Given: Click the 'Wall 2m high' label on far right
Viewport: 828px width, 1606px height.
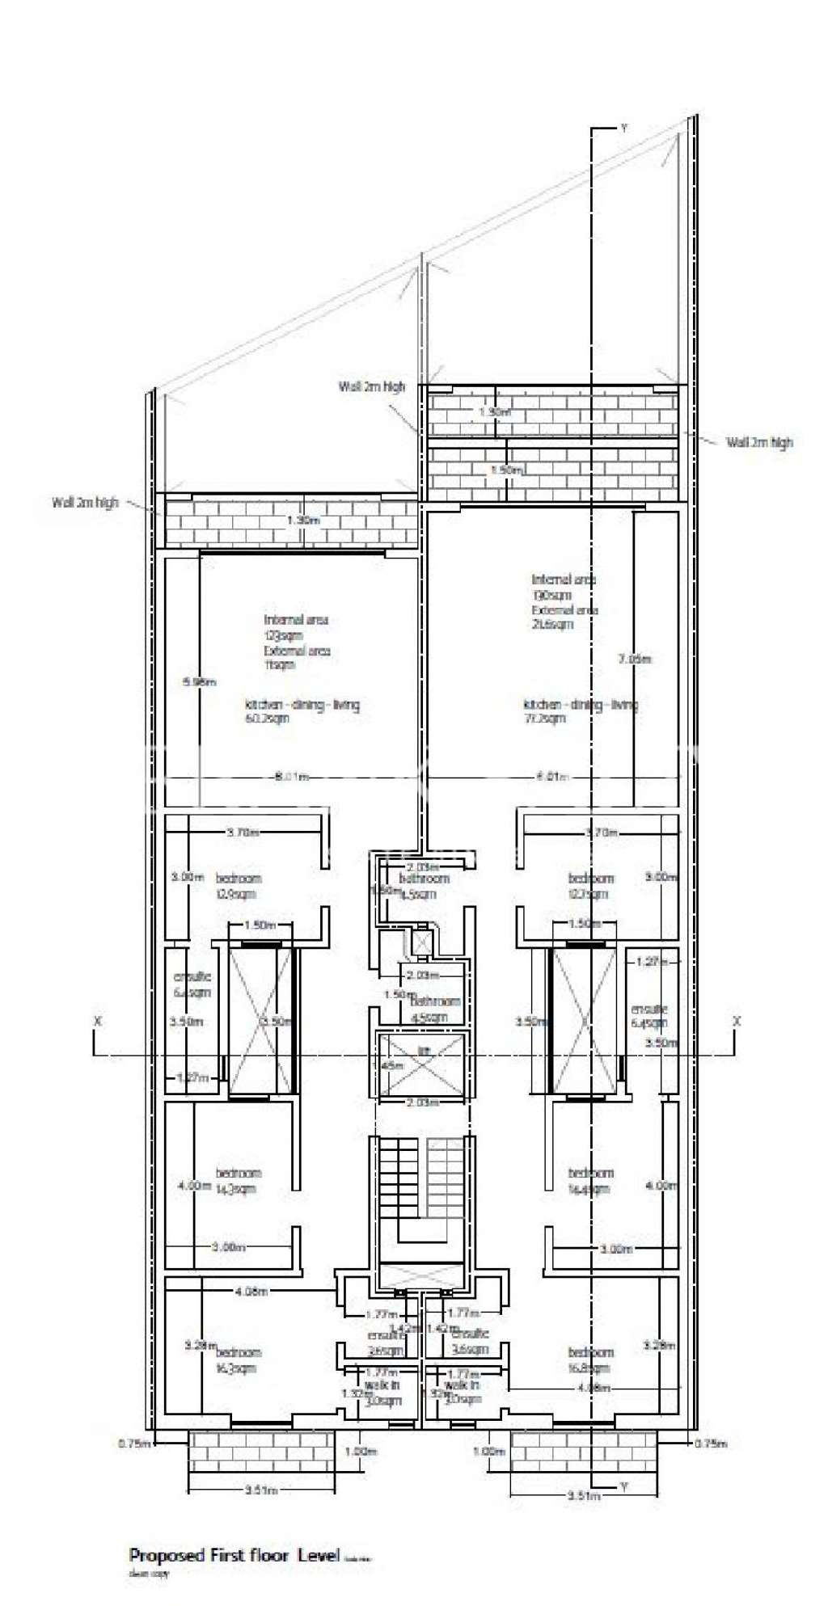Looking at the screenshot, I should [758, 442].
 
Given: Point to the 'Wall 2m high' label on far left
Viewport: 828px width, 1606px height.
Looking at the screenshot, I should [85, 502].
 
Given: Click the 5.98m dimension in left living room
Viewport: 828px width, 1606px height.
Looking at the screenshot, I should [200, 682].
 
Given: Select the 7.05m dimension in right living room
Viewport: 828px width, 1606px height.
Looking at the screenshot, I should [633, 660].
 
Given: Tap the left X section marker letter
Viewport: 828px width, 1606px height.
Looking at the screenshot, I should [97, 1021].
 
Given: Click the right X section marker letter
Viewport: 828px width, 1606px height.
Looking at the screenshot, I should [736, 1021].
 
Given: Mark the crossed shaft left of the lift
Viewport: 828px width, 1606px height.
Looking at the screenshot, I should [260, 1021].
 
